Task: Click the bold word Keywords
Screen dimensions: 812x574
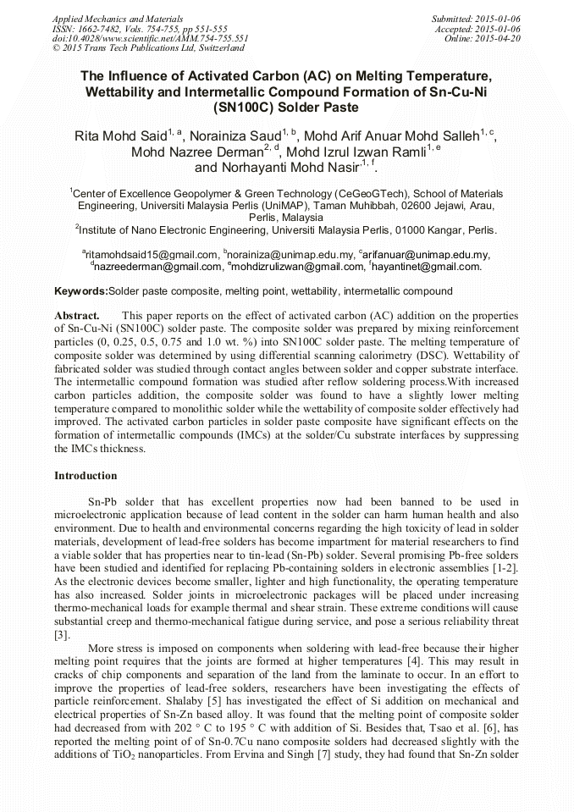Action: (x=80, y=291)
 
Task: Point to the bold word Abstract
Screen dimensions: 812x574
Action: (x=77, y=314)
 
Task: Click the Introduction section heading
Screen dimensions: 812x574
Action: (x=86, y=476)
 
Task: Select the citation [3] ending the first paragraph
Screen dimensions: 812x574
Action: (x=61, y=634)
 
